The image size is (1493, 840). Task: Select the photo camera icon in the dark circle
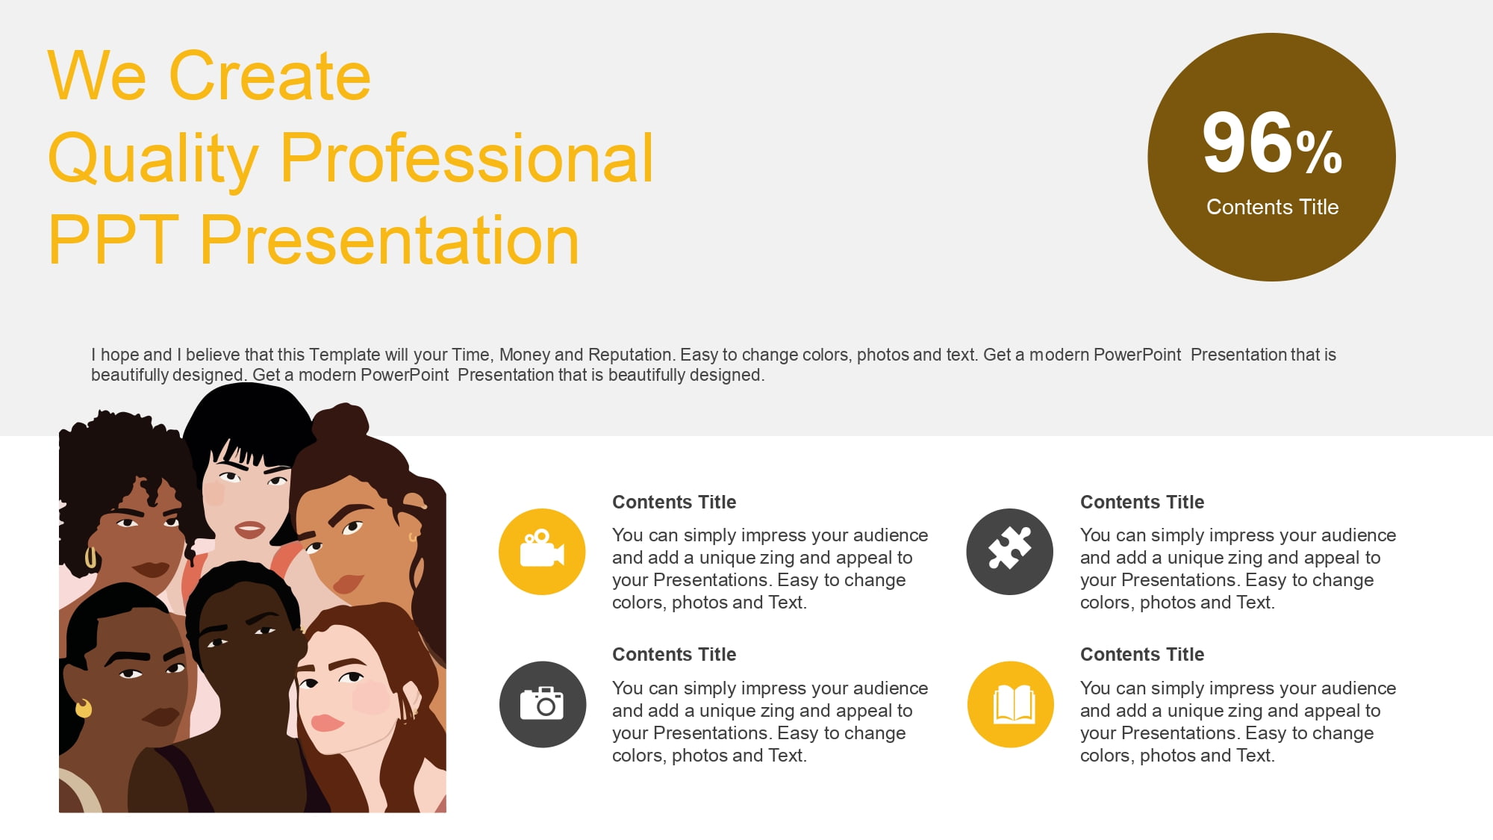pyautogui.click(x=542, y=703)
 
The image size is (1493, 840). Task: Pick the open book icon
pyautogui.click(x=1013, y=704)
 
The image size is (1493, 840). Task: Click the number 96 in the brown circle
pyautogui.click(x=1247, y=143)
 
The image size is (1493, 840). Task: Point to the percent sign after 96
pyautogui.click(x=1319, y=152)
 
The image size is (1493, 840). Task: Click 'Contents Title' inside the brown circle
pyautogui.click(x=1272, y=207)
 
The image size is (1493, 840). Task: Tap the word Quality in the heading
pyautogui.click(x=153, y=160)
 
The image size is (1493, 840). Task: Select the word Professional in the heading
pyautogui.click(x=467, y=157)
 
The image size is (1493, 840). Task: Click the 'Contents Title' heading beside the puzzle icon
pyautogui.click(x=1142, y=502)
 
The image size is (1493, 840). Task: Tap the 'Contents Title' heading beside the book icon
pyautogui.click(x=1142, y=654)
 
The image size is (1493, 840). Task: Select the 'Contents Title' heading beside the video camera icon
pyautogui.click(x=674, y=502)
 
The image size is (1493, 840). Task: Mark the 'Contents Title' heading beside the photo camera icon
pyautogui.click(x=674, y=654)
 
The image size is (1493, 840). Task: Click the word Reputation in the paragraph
pyautogui.click(x=629, y=355)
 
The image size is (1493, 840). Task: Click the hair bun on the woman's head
pyautogui.click(x=340, y=422)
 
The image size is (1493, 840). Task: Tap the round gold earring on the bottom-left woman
pyautogui.click(x=84, y=708)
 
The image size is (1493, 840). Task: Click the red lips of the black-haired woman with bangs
pyautogui.click(x=249, y=530)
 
